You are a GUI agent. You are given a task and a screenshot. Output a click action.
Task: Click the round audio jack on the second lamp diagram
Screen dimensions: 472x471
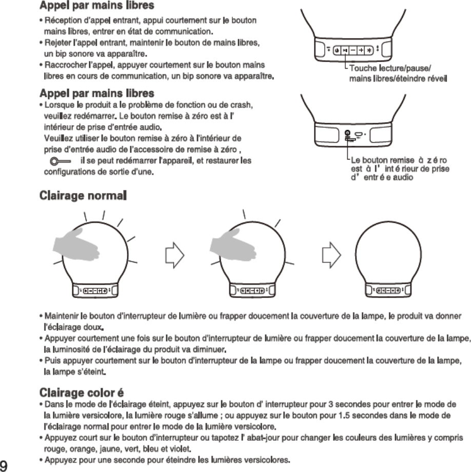pyautogui.click(x=347, y=134)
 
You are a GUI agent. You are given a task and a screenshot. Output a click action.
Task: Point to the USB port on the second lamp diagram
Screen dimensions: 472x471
pyautogui.click(x=359, y=135)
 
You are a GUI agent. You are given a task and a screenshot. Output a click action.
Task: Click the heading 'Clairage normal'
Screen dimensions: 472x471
pyautogui.click(x=83, y=196)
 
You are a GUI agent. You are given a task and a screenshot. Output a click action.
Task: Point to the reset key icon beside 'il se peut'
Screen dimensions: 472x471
pyautogui.click(x=60, y=162)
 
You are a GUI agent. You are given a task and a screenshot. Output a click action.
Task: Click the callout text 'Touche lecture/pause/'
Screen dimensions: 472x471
pyautogui.click(x=390, y=69)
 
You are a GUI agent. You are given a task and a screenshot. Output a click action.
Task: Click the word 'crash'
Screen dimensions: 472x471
pyautogui.click(x=240, y=105)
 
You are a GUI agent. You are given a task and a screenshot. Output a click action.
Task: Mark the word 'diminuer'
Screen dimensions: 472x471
pyautogui.click(x=209, y=350)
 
